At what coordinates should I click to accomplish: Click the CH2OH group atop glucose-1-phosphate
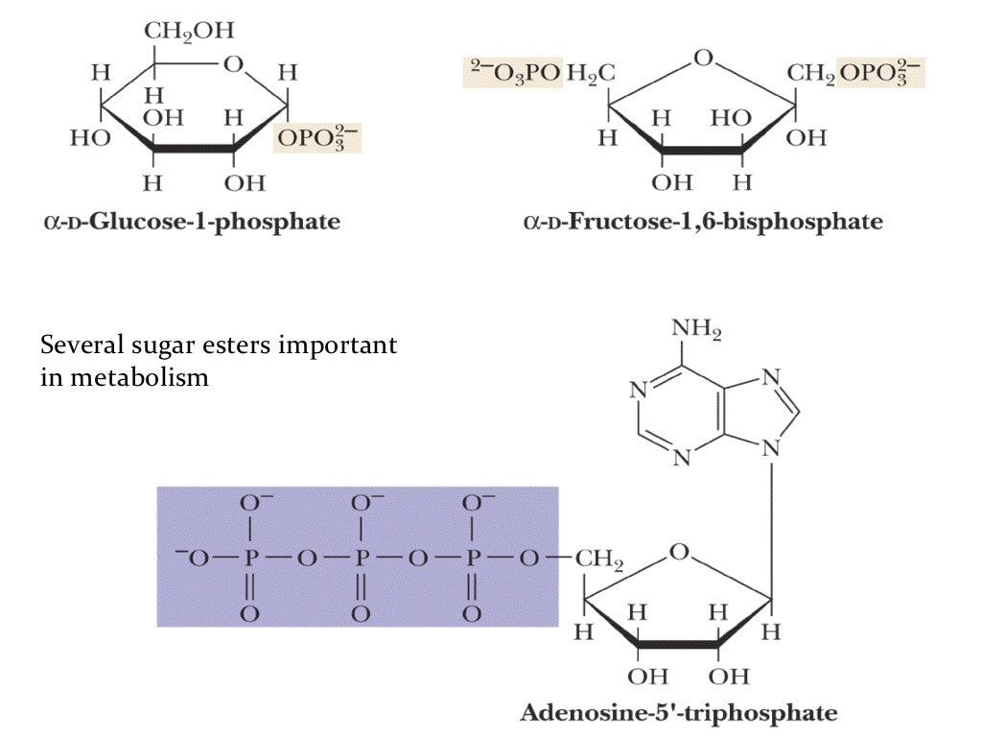coord(188,31)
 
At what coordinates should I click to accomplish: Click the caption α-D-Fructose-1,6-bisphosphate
coord(702,223)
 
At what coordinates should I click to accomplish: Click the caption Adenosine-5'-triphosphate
coord(679,713)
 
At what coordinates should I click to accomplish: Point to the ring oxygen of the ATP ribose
coord(679,552)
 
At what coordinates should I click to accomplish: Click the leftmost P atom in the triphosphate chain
coord(249,559)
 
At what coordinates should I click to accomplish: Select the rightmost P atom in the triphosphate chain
coord(471,559)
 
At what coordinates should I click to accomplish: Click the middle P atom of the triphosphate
coord(361,559)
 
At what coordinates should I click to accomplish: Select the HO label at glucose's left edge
coord(89,138)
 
